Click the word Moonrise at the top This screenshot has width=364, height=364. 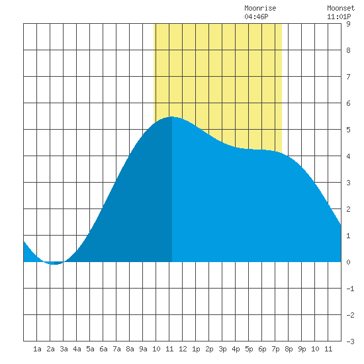point(260,9)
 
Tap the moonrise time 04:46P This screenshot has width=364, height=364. point(256,17)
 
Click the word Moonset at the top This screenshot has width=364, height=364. point(341,9)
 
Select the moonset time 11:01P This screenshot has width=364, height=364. point(339,17)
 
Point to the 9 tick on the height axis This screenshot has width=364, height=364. point(348,24)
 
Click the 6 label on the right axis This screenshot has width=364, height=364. point(348,103)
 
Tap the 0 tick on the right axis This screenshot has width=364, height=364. point(348,262)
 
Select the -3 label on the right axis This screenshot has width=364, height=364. point(350,341)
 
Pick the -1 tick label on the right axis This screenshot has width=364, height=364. point(350,289)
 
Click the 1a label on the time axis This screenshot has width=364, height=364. point(37,349)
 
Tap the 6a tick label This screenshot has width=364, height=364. point(103,349)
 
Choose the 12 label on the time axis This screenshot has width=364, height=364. point(183,349)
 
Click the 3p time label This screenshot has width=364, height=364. point(222,349)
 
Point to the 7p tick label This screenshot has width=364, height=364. point(275,349)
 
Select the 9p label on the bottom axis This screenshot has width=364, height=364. point(302,349)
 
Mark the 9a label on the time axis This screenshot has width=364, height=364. point(143,349)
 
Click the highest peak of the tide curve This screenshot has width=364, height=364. point(172,116)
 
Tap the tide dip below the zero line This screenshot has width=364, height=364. point(54,264)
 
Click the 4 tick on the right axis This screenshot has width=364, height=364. point(348,156)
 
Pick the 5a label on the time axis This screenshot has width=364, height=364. point(90,349)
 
